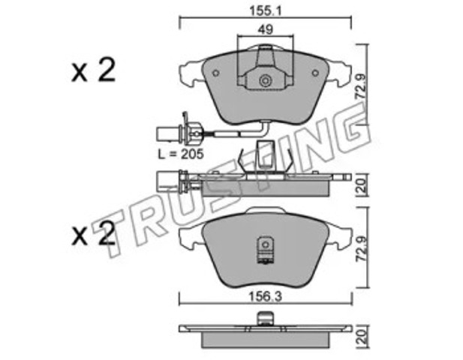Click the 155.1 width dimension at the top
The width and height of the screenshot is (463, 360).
(x=266, y=11)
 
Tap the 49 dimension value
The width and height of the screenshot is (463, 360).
(x=265, y=29)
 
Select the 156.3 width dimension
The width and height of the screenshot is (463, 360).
(x=265, y=296)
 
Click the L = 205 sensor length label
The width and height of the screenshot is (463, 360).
(x=181, y=154)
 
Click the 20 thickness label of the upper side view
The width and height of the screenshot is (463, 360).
(x=362, y=185)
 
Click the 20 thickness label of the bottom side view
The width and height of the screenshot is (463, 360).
(x=362, y=337)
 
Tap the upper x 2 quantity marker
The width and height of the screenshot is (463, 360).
(x=93, y=70)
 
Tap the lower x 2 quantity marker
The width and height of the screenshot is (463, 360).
(x=93, y=234)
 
